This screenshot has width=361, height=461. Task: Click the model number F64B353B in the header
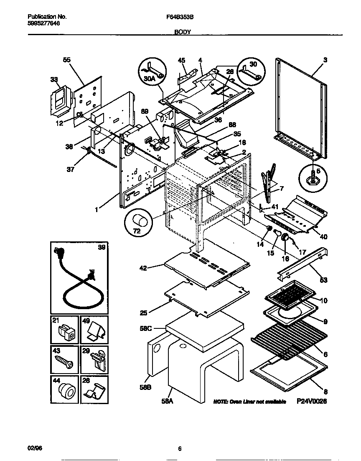180,17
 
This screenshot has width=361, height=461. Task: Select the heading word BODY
182,32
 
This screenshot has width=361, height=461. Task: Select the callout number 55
66,60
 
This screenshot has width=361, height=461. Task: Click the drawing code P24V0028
311,401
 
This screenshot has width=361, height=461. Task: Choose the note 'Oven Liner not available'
249,402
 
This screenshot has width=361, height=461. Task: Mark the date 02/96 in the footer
35,448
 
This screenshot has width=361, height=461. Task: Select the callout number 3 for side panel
325,60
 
